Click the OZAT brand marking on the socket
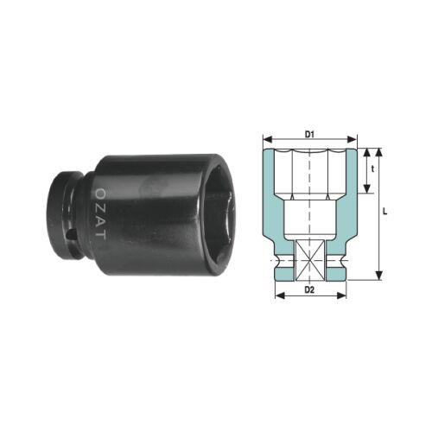[x=100, y=212]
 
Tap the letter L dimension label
[x=384, y=212]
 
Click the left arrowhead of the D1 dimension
[x=265, y=138]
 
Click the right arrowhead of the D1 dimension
[x=354, y=138]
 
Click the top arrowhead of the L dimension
[x=378, y=149]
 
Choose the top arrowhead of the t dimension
[x=365, y=149]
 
